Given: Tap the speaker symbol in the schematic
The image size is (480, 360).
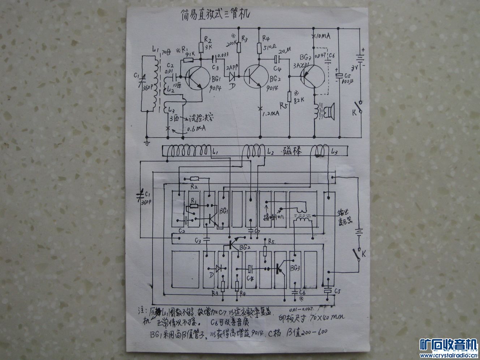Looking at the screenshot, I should (x=330, y=110).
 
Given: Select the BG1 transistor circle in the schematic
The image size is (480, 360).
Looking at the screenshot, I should (x=197, y=78).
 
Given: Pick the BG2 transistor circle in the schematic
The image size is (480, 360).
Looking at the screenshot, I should (x=256, y=77).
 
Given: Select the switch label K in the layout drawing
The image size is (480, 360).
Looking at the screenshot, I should (x=364, y=254).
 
